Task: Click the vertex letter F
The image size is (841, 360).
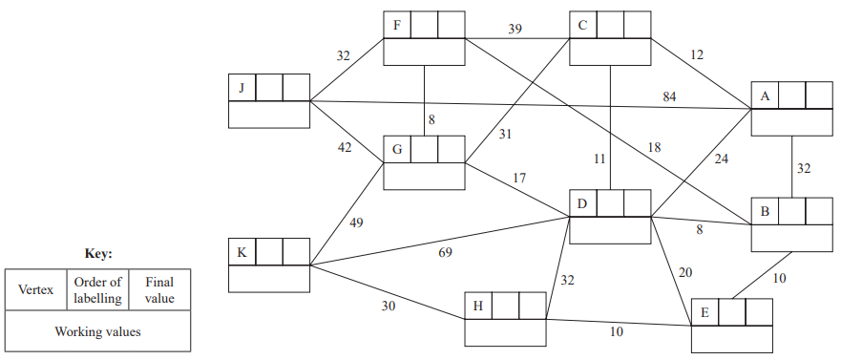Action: [x=396, y=23]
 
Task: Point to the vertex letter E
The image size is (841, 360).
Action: [x=704, y=312]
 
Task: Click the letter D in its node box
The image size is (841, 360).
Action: [x=582, y=202]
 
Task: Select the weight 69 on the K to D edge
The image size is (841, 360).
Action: [x=446, y=252]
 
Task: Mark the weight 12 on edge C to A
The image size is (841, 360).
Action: [x=696, y=55]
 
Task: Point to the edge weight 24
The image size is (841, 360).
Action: [x=721, y=159]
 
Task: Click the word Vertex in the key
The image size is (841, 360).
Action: [x=35, y=289]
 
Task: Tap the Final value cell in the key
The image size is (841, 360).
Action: [x=159, y=289]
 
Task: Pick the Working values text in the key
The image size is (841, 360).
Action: [x=97, y=331]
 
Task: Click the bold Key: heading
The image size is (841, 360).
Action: [x=97, y=254]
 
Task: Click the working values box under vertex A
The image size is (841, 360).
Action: [x=791, y=122]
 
